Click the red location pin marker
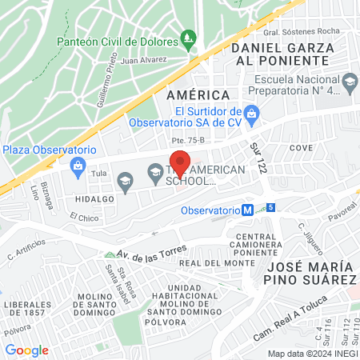click(180, 162)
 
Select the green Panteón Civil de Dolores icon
click(188, 37)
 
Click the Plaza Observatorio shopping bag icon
click(78, 166)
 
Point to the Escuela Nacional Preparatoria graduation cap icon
click(350, 82)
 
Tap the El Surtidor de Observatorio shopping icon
click(250, 114)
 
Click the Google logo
click(26, 350)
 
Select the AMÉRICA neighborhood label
click(192, 94)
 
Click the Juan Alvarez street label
click(145, 59)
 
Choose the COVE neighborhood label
click(301, 149)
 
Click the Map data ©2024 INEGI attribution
click(311, 354)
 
